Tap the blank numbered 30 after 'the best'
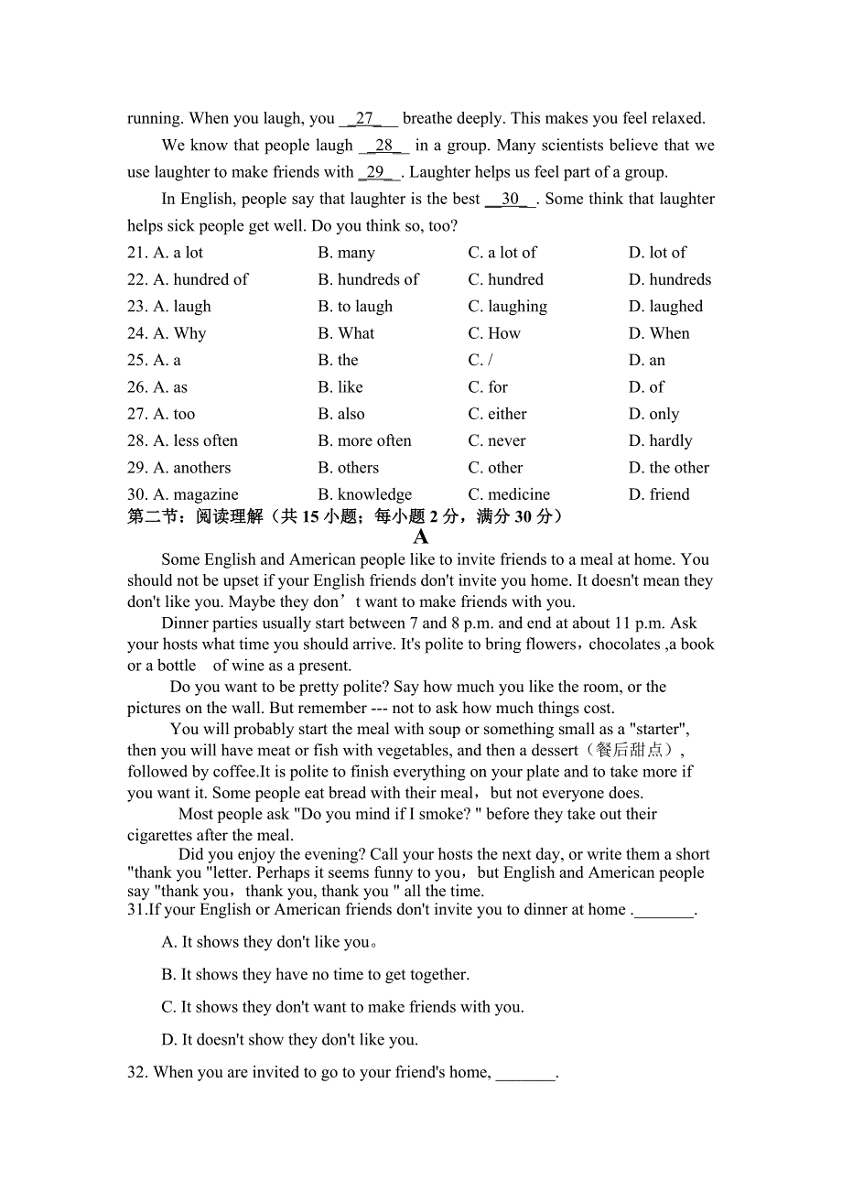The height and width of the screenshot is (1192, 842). (x=510, y=199)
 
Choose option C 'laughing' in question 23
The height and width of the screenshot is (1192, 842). (x=507, y=306)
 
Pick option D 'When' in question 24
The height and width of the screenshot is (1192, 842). (x=659, y=333)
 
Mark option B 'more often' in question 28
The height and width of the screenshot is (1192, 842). (x=364, y=440)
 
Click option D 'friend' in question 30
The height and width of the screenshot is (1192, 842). (x=659, y=494)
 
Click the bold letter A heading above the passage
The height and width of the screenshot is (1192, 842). (x=421, y=537)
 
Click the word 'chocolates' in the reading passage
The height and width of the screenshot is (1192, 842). (x=622, y=645)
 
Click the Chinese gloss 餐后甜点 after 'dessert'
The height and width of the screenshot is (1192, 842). (x=634, y=751)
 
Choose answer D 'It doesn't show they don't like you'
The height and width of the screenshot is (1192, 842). (x=289, y=1040)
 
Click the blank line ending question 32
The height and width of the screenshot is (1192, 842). (x=525, y=1073)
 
